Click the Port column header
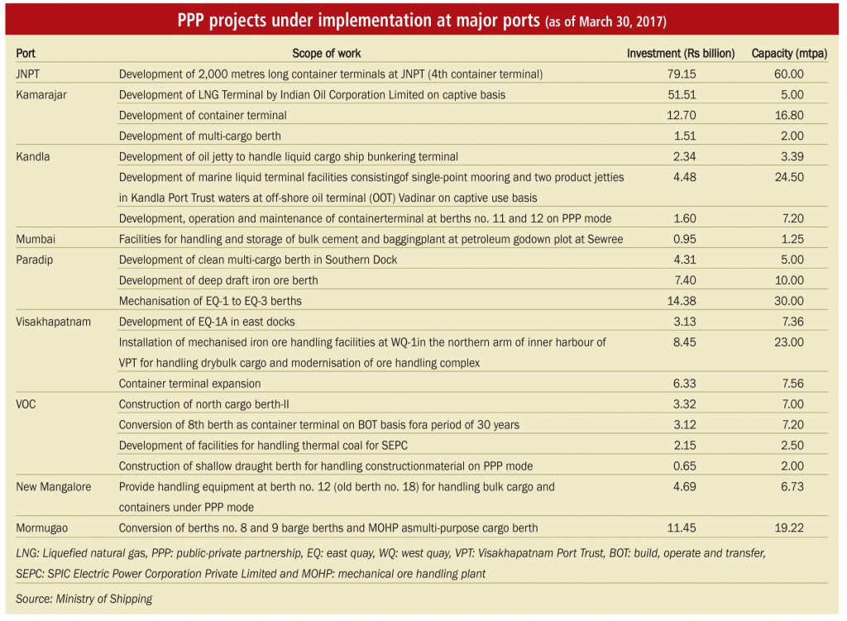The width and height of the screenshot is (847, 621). (x=26, y=54)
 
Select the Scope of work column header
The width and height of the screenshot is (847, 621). (x=326, y=54)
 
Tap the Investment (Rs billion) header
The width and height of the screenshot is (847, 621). (x=681, y=54)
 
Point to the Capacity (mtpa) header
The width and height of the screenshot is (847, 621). (x=789, y=54)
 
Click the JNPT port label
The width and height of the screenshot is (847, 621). (x=27, y=74)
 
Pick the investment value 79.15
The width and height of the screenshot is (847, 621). (x=682, y=74)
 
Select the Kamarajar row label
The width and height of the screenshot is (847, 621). (x=41, y=95)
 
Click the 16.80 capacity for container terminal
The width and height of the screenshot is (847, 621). (x=789, y=116)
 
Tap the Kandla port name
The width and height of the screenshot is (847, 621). (x=32, y=156)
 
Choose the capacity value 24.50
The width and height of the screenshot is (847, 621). (x=789, y=177)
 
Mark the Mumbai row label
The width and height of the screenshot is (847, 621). (x=36, y=239)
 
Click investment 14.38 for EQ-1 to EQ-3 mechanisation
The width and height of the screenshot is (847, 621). (x=682, y=301)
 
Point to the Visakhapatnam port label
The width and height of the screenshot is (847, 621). (x=53, y=322)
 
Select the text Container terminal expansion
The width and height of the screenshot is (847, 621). (x=189, y=384)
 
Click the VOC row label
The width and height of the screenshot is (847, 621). (x=26, y=404)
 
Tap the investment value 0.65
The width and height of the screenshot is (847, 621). (x=684, y=466)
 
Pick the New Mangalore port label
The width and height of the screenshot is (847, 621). (x=54, y=486)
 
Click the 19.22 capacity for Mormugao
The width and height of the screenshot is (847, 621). (x=789, y=528)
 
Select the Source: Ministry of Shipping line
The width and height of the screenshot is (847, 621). (x=84, y=599)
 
